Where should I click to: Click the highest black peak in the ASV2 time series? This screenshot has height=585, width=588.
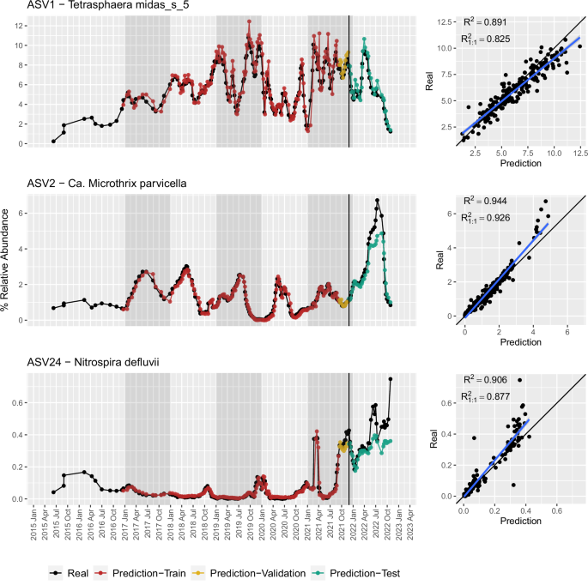[x=377, y=200]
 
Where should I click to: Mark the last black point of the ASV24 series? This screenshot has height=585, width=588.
[x=391, y=379]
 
